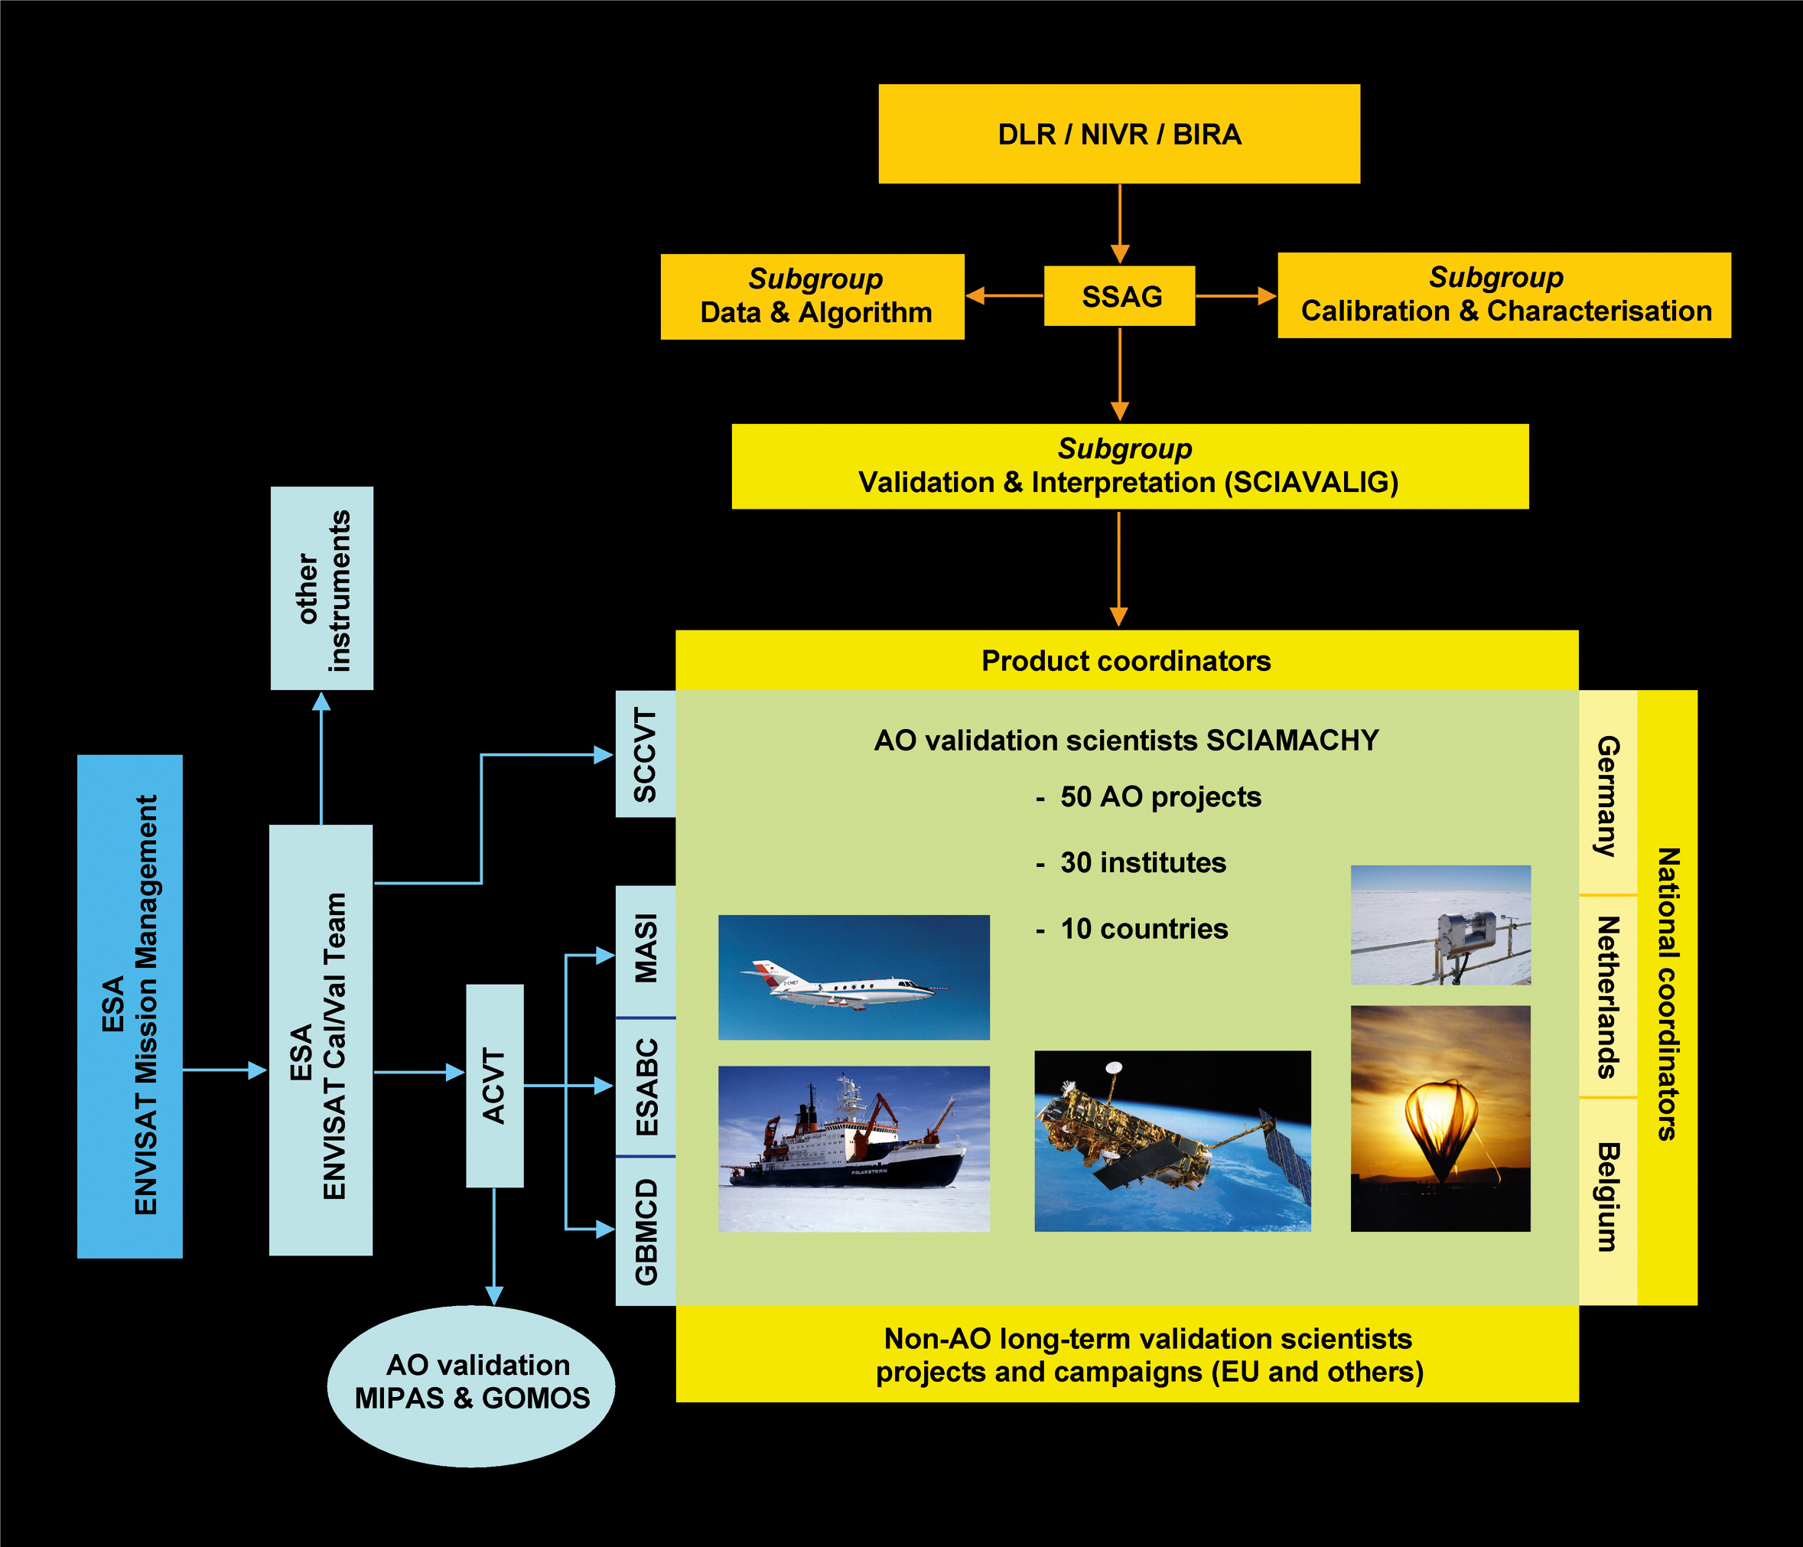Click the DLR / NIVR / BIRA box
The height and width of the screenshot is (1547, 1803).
pyautogui.click(x=1119, y=134)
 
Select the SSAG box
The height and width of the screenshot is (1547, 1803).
pyautogui.click(x=1120, y=297)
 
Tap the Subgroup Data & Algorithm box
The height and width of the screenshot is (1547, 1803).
pyautogui.click(x=812, y=297)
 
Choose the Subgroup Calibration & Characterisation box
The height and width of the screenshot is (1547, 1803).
pyautogui.click(x=1504, y=295)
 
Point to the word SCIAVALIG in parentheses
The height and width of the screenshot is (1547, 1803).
pyautogui.click(x=1310, y=483)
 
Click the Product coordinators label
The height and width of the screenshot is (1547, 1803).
pyautogui.click(x=1126, y=661)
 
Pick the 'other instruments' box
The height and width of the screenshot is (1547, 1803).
pyautogui.click(x=322, y=589)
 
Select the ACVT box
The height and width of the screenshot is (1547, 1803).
pyautogui.click(x=494, y=1086)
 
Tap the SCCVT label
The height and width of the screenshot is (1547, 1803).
pyautogui.click(x=645, y=754)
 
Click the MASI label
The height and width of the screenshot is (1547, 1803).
pyautogui.click(x=645, y=949)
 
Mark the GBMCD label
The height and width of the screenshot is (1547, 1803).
pyautogui.click(x=645, y=1231)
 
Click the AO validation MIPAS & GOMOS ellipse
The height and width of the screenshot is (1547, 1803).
pyautogui.click(x=472, y=1382)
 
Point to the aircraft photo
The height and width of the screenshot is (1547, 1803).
pyautogui.click(x=854, y=977)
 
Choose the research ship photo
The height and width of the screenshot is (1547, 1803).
pyautogui.click(x=854, y=1148)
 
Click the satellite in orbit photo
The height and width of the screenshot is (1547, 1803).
pyautogui.click(x=1172, y=1141)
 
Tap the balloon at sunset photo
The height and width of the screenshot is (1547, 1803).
pyautogui.click(x=1440, y=1118)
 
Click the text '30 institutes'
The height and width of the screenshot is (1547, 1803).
pyautogui.click(x=1143, y=863)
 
